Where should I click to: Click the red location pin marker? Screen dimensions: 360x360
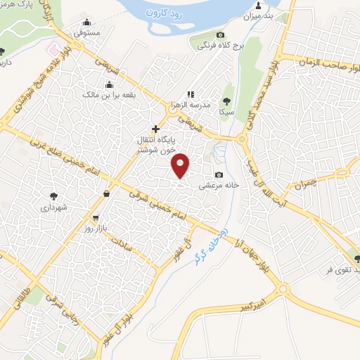coord(181,165)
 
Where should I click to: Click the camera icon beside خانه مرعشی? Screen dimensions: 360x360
coord(220,174)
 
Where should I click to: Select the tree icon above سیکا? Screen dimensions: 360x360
coord(226,100)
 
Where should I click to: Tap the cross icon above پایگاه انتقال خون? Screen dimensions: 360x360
coord(156,129)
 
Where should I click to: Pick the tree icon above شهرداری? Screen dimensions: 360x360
coord(54,196)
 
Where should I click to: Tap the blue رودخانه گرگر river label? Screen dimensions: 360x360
coord(210,243)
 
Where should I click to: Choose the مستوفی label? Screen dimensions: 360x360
coord(89,33)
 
